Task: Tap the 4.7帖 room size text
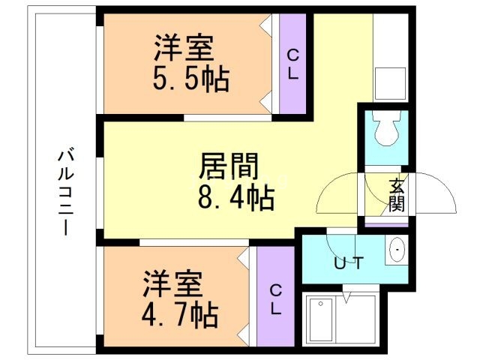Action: [181, 314]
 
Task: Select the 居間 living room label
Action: [229, 166]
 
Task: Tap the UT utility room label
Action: [349, 264]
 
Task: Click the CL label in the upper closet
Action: [292, 63]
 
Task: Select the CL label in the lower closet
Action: [275, 298]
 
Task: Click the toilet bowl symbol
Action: [387, 130]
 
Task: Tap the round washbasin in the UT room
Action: [396, 250]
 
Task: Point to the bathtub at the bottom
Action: [340, 320]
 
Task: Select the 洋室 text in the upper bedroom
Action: [184, 50]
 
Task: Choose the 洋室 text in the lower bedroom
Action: [172, 286]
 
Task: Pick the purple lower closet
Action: [275, 297]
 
